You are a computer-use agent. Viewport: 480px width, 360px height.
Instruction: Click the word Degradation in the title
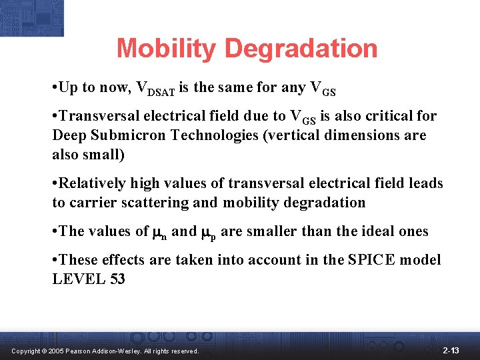[301, 49]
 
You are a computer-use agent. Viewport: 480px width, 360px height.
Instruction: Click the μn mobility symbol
[160, 233]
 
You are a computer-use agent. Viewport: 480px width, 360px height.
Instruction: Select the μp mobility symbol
[209, 233]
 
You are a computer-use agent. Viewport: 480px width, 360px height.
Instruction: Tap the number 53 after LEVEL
[116, 279]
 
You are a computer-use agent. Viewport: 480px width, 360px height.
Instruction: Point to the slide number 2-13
[451, 350]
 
